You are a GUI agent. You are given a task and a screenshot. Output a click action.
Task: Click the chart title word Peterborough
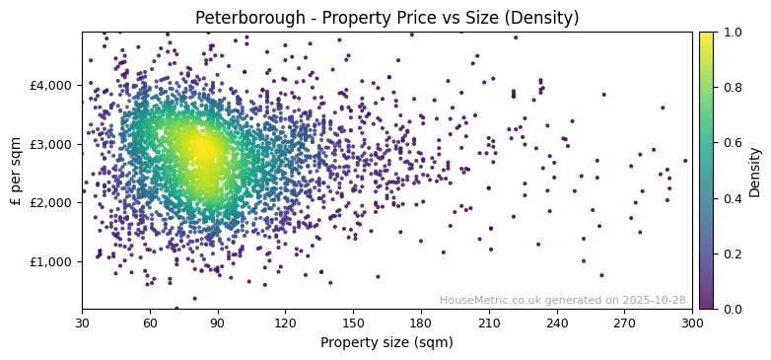[240, 18]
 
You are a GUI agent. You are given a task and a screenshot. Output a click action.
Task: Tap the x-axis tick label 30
[82, 324]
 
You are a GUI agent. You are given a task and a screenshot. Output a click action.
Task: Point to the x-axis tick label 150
[353, 324]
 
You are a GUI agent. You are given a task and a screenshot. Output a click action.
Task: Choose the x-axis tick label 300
[692, 324]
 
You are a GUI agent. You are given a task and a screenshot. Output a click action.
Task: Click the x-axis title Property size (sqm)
[386, 343]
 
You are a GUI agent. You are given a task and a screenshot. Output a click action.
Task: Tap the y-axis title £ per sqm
[16, 170]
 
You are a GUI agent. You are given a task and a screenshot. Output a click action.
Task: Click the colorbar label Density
[755, 171]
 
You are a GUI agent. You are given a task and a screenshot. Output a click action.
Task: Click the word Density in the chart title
[545, 18]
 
